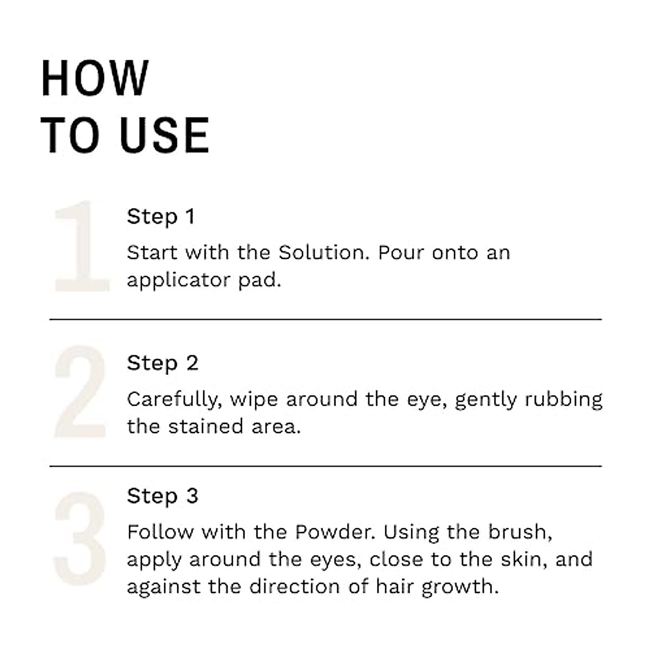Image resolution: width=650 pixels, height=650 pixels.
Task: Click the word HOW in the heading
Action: (95, 79)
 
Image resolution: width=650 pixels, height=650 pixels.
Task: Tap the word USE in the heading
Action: (164, 135)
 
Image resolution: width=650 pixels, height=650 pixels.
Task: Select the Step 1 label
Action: (160, 217)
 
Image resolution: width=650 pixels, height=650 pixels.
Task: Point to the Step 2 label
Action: (162, 363)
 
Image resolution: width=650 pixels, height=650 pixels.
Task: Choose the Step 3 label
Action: (162, 496)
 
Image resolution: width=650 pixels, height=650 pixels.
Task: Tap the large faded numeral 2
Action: (80, 392)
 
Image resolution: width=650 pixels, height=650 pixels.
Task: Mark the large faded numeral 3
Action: (80, 538)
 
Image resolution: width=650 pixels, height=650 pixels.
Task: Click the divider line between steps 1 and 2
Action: (325, 320)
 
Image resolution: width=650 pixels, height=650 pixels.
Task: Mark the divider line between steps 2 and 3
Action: (325, 466)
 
